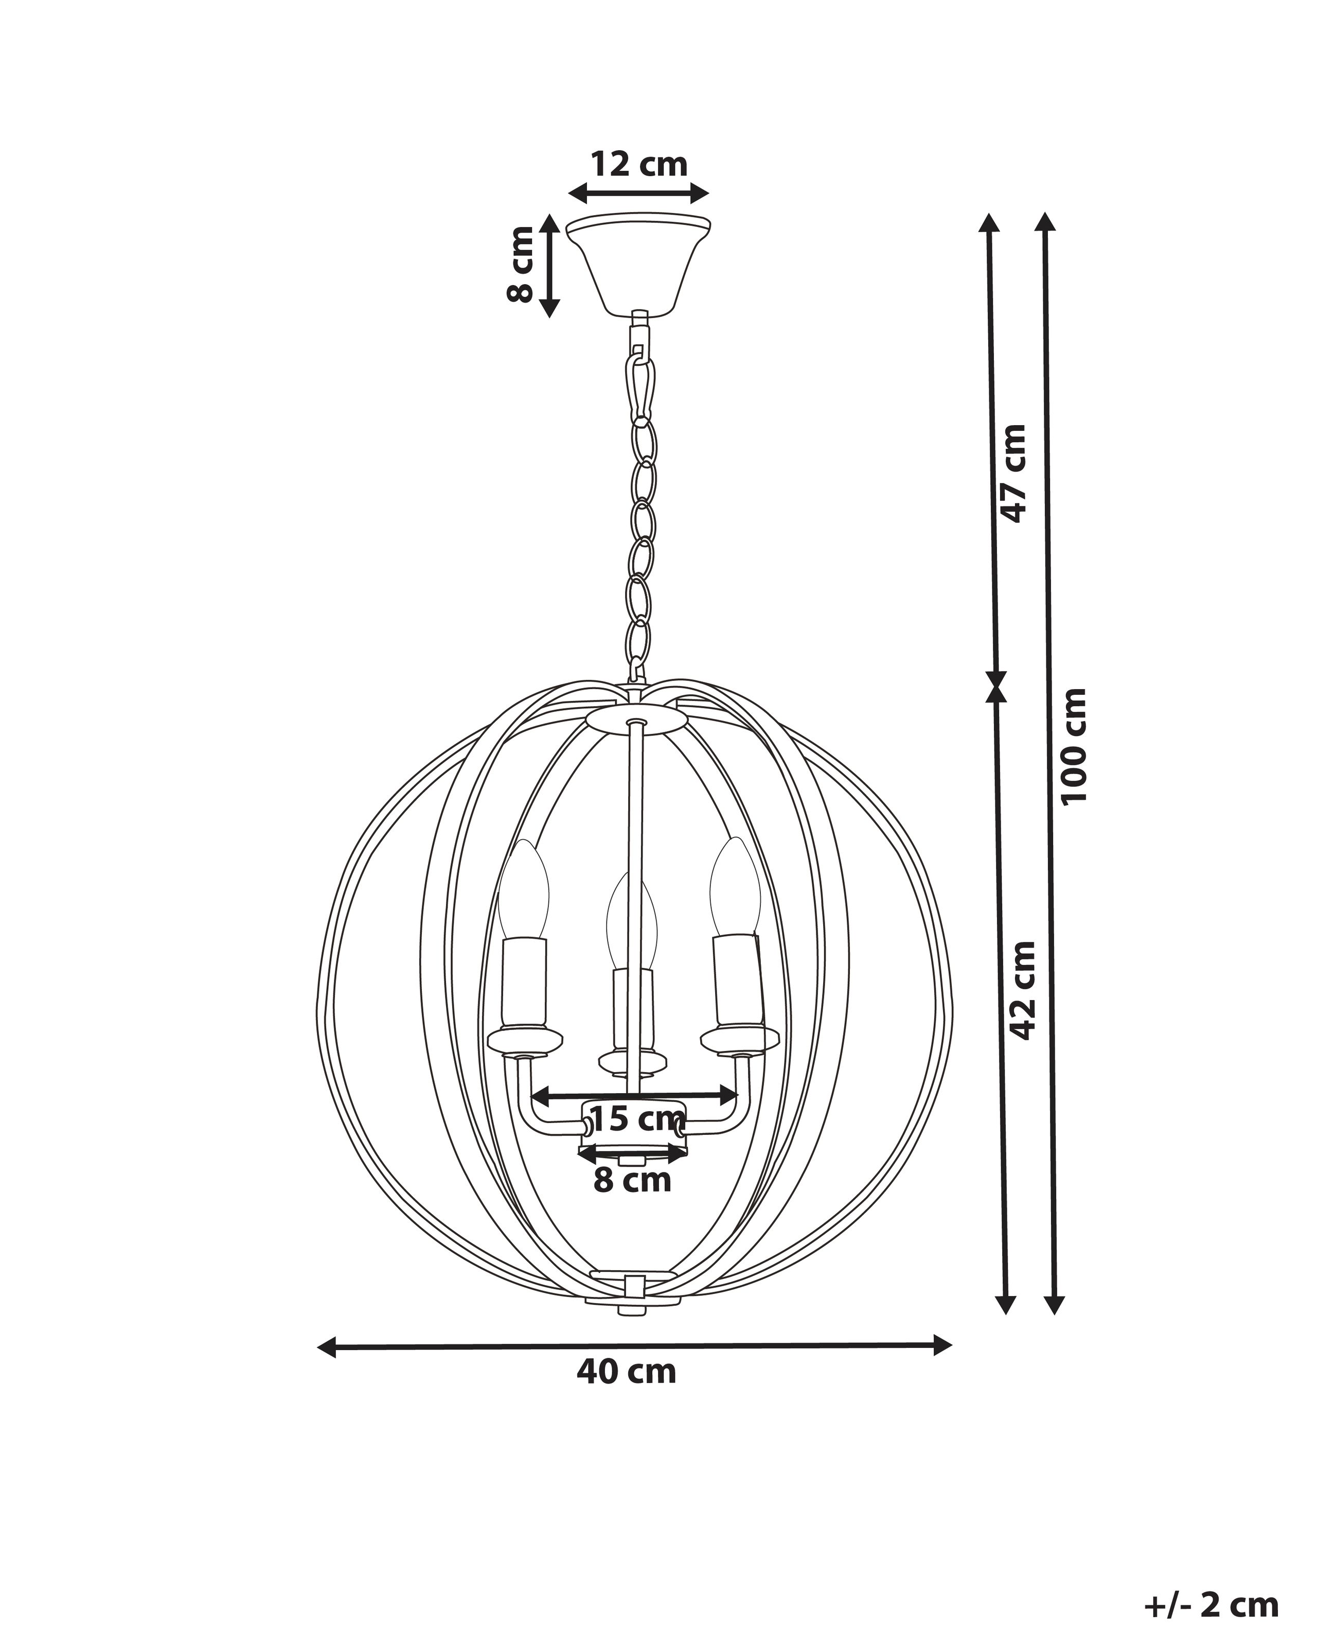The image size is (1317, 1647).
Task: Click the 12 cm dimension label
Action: (x=639, y=164)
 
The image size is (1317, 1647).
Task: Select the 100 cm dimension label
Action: (x=1074, y=745)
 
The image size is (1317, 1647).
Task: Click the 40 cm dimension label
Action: (x=626, y=1371)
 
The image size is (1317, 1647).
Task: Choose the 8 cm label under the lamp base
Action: (x=632, y=1180)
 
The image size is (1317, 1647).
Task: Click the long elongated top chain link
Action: (x=640, y=388)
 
